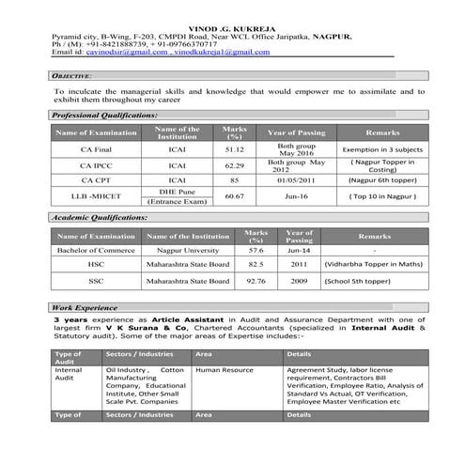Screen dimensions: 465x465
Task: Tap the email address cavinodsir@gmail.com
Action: click(126, 53)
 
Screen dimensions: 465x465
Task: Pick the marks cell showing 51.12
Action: click(234, 149)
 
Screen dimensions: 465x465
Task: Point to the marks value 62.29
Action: click(234, 164)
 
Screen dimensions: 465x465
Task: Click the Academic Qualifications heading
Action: click(99, 218)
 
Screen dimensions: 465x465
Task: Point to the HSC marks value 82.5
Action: click(255, 265)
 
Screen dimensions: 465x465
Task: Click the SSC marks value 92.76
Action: click(255, 280)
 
